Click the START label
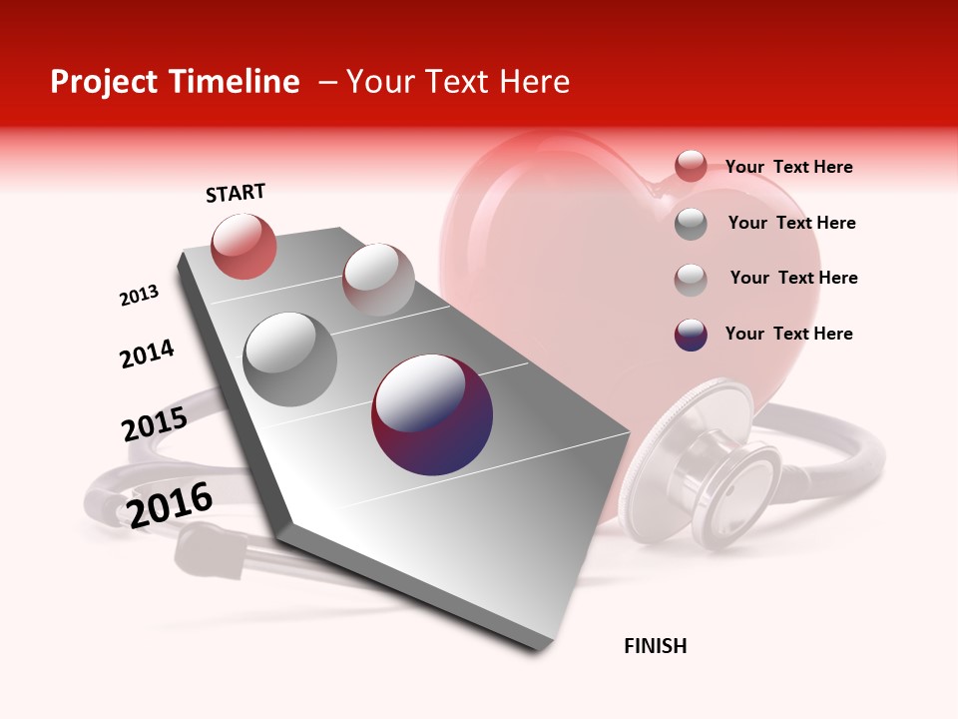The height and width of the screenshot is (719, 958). click(236, 193)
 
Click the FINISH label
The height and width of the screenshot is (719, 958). click(655, 646)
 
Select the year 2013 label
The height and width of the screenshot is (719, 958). click(139, 296)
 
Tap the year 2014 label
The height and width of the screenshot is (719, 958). click(147, 354)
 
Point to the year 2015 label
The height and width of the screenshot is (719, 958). click(154, 424)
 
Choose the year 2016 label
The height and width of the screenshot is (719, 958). click(170, 505)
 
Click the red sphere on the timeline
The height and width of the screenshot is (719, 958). click(243, 246)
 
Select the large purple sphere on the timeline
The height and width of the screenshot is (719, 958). click(432, 414)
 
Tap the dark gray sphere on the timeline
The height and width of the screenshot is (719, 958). click(290, 359)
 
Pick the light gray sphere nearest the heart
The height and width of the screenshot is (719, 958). click(378, 279)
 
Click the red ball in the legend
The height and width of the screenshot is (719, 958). click(691, 167)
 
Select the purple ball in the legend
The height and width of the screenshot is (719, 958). click(691, 335)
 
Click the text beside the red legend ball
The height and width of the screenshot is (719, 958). click(788, 167)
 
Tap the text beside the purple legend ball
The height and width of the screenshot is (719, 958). click(788, 334)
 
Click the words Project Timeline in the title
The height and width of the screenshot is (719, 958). click(175, 82)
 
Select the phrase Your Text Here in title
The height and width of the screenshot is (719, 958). click(457, 82)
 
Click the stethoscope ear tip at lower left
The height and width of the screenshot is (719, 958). click(210, 554)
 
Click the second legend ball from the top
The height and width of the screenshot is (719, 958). click(691, 224)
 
